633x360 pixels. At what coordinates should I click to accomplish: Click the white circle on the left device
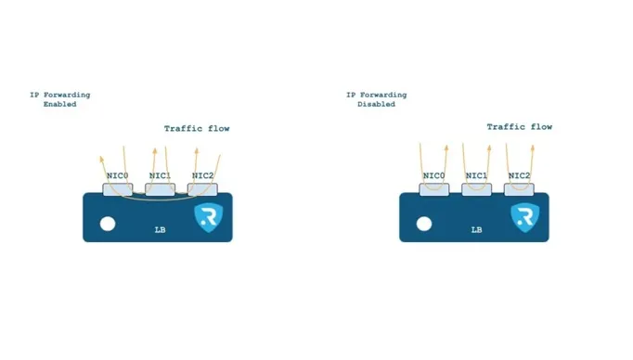[x=108, y=224]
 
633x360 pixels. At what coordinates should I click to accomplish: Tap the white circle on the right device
[x=424, y=224]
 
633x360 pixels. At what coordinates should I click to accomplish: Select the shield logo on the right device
[x=524, y=217]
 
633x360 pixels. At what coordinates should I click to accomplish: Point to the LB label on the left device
[x=160, y=228]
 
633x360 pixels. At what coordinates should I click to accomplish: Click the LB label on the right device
[x=476, y=229]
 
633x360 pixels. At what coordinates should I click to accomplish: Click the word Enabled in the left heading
[x=59, y=105]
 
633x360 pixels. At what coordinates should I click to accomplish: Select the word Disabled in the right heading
[x=377, y=105]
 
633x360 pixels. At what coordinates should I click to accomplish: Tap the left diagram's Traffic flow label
[x=197, y=128]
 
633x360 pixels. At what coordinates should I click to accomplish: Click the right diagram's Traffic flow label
[x=520, y=126]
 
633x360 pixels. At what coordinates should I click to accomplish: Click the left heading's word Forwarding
[x=70, y=95]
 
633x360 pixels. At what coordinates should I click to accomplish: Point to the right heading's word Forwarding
[x=386, y=95]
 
